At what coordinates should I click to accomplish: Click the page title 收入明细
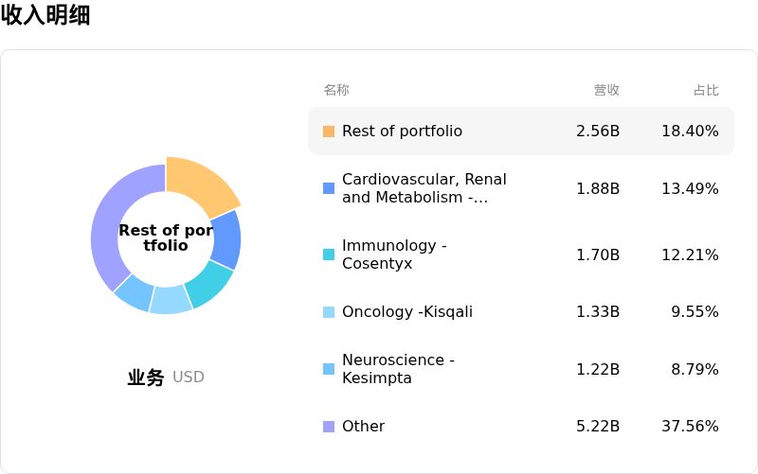point(45,15)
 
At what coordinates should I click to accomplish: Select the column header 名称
point(336,90)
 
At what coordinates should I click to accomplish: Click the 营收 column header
point(606,90)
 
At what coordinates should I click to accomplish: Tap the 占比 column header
point(706,90)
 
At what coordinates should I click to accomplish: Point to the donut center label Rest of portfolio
point(166,237)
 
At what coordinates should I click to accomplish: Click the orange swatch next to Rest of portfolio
point(329,132)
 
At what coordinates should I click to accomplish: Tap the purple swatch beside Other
point(329,427)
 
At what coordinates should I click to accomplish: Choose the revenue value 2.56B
point(598,132)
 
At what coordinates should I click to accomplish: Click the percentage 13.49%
point(690,188)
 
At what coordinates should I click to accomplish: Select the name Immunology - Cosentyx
point(394,255)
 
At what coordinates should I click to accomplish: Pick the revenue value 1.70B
point(598,255)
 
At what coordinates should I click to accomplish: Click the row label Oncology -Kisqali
point(406,312)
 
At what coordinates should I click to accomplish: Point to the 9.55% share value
point(695,312)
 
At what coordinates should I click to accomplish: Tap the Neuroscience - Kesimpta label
point(398,369)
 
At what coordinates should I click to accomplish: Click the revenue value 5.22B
point(598,427)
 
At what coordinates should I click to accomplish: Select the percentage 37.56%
point(690,427)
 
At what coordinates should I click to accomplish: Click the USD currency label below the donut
point(189,377)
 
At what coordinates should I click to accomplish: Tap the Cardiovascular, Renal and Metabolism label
point(424,188)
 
